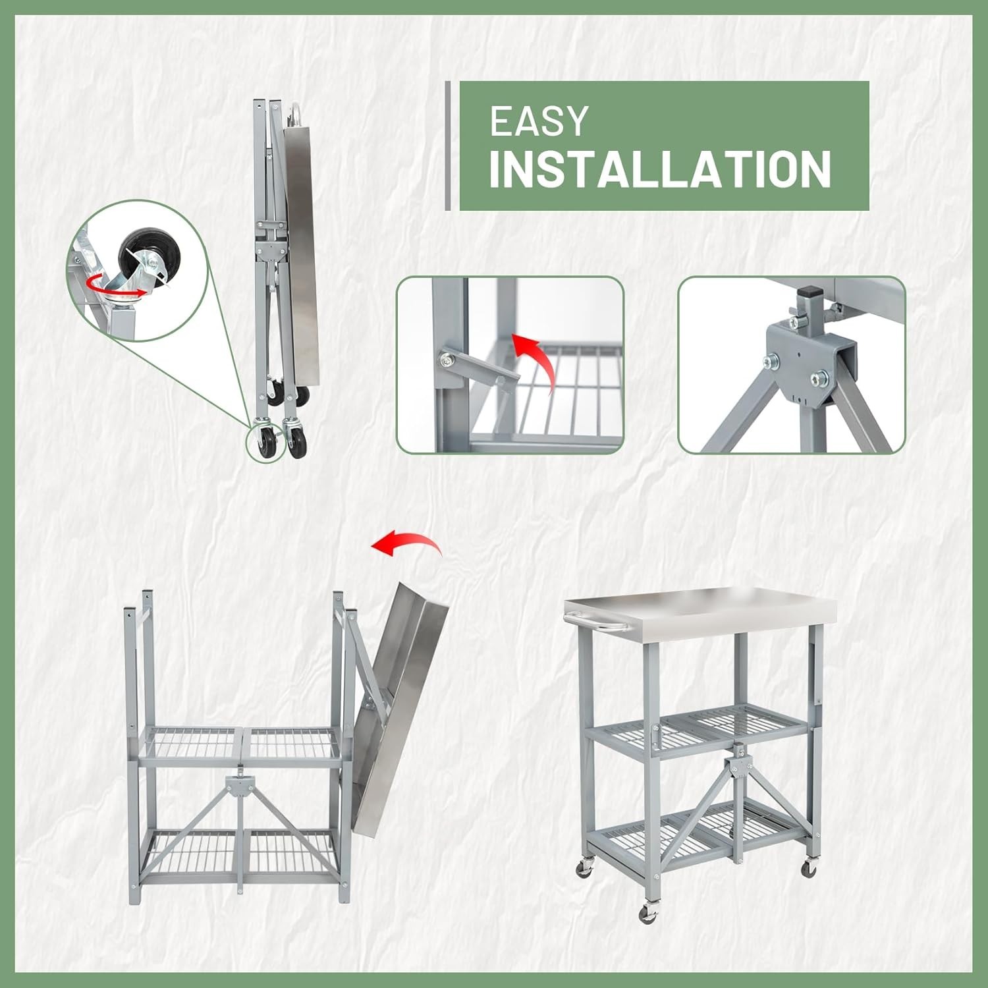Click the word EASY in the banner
tap(538, 122)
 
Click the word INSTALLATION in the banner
tap(659, 170)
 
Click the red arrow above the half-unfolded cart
tap(406, 544)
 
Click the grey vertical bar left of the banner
tap(448, 146)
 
